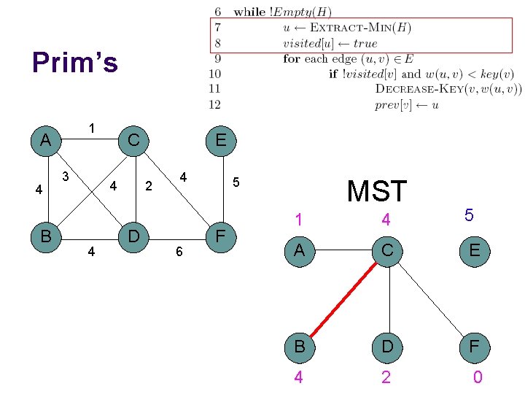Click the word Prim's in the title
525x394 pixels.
(74, 63)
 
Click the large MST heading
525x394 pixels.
(376, 191)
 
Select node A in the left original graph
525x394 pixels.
(45, 139)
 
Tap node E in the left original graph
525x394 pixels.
(219, 139)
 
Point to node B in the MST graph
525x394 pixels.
(299, 346)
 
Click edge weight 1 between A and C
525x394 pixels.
(91, 128)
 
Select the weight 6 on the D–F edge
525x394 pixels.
(178, 251)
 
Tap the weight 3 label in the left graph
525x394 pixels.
(66, 176)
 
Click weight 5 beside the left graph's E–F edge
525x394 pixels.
(236, 182)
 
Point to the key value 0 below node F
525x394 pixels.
(477, 377)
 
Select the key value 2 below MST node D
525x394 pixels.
(386, 377)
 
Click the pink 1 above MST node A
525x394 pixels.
(298, 218)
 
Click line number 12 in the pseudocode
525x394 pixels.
(214, 104)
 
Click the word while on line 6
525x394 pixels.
(249, 12)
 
